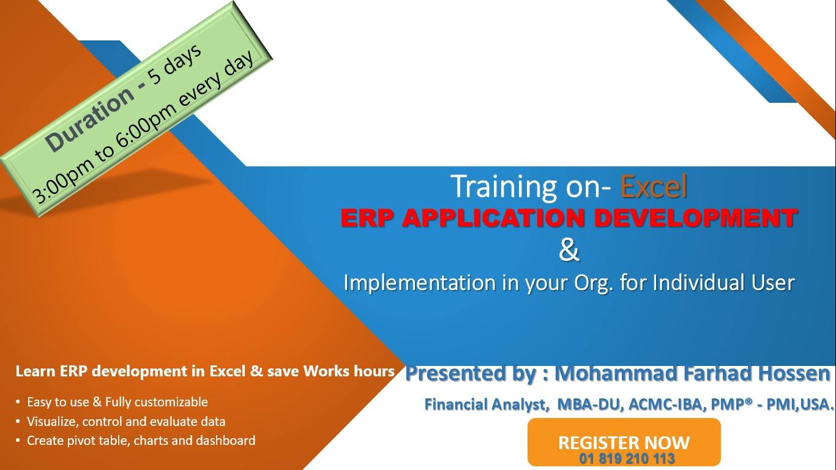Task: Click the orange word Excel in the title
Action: click(654, 186)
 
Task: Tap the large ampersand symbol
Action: click(569, 250)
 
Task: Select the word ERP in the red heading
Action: click(367, 218)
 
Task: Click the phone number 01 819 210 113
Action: click(627, 458)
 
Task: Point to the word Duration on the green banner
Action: click(89, 119)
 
